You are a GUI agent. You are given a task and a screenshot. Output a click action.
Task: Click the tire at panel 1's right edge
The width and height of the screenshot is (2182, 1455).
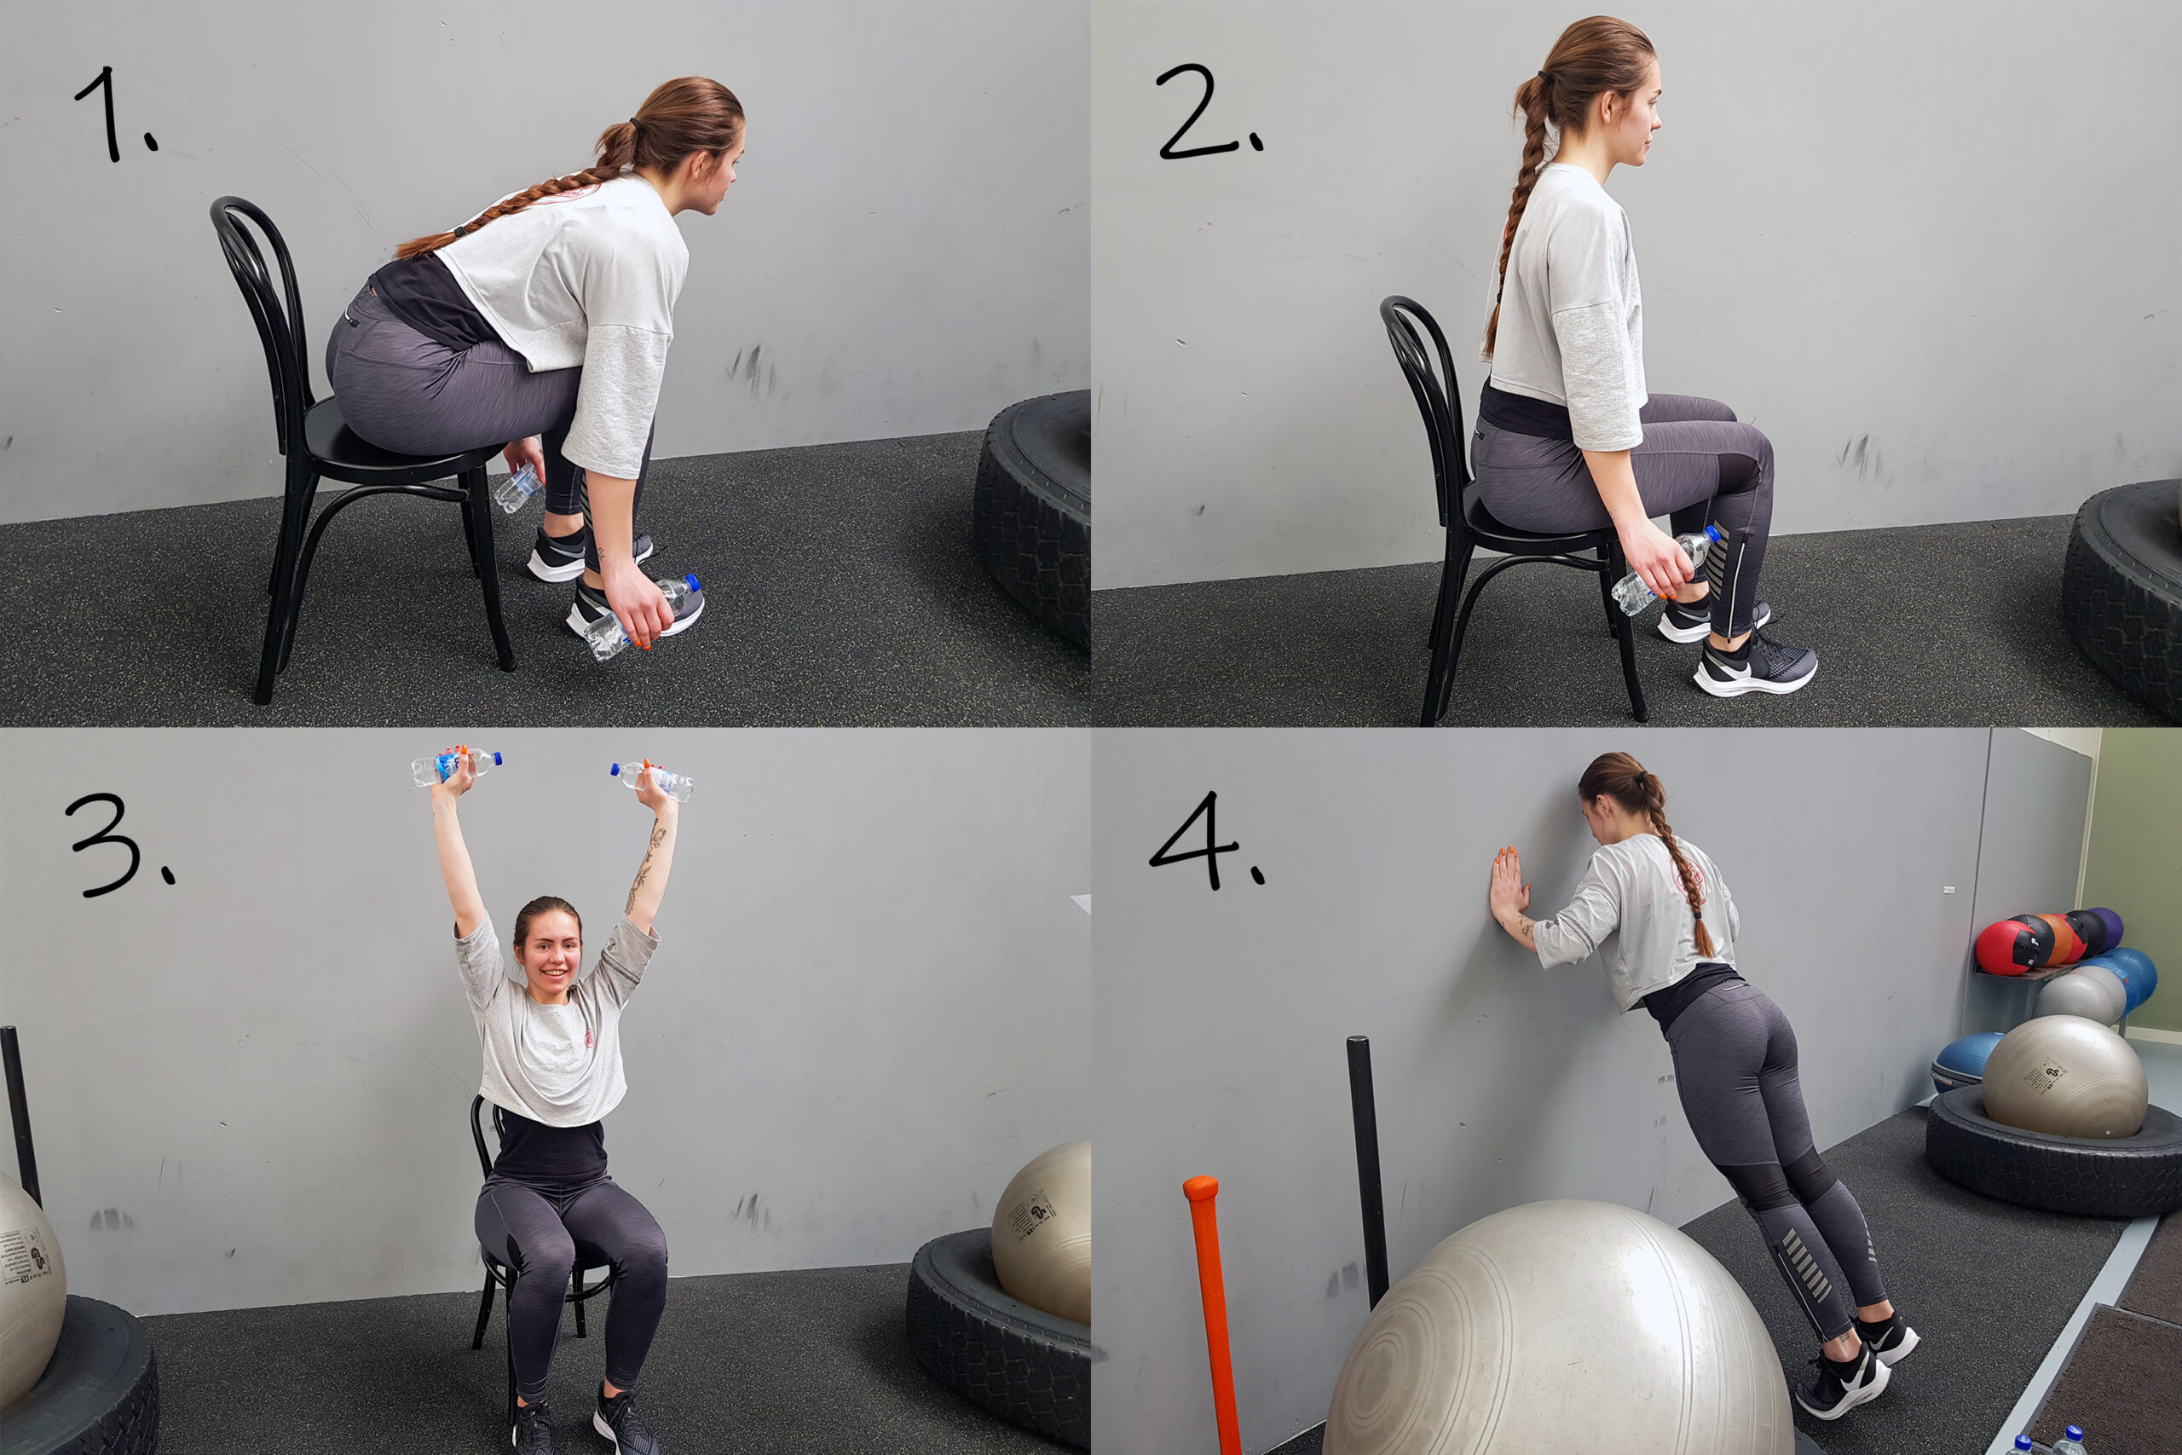1035,520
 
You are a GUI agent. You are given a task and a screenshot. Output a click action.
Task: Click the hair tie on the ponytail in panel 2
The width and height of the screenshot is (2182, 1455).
1543,75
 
